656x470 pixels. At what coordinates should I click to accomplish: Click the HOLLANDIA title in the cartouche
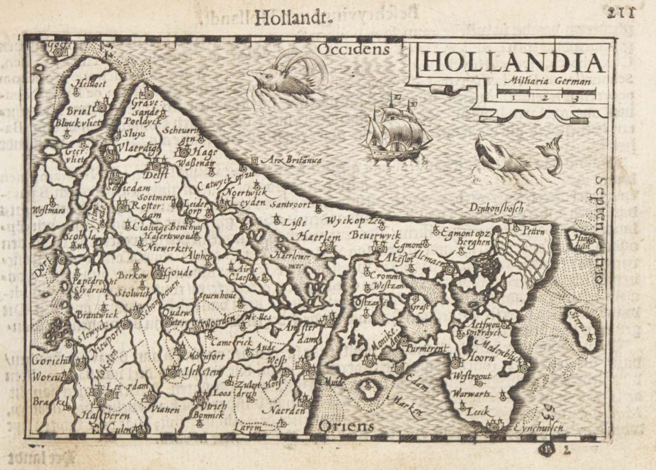coord(513,62)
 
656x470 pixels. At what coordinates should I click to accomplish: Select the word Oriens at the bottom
coord(347,426)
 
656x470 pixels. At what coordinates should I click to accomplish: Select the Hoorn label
coord(481,358)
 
